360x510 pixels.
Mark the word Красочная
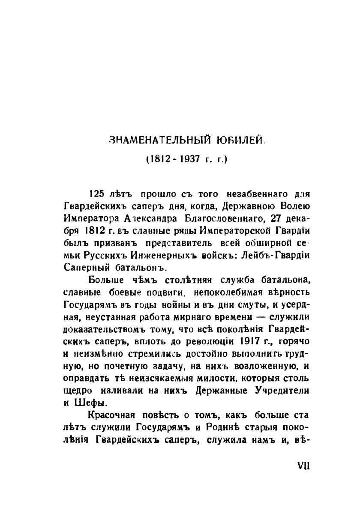(111, 416)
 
